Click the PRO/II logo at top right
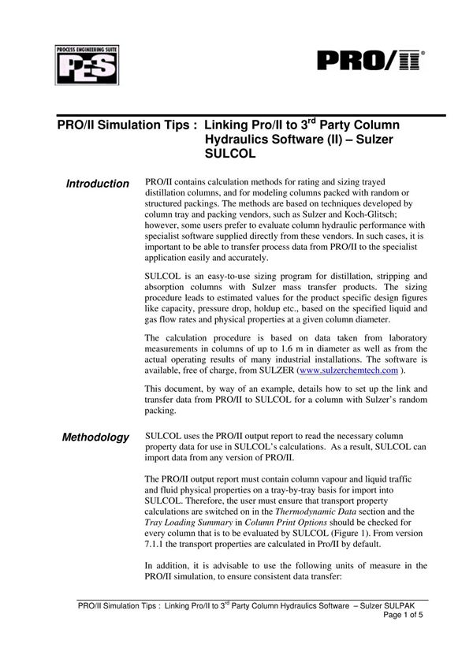click(x=371, y=61)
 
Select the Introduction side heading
click(x=97, y=184)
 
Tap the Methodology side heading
click(x=95, y=437)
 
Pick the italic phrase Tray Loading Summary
click(x=194, y=523)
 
